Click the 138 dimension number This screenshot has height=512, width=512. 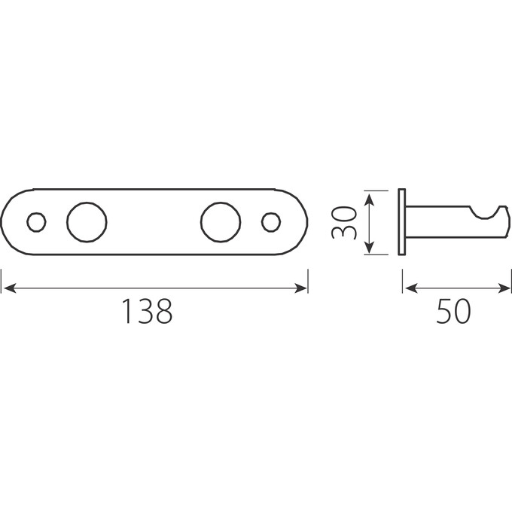click(147, 311)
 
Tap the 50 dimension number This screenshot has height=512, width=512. click(453, 311)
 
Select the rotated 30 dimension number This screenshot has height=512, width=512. click(343, 223)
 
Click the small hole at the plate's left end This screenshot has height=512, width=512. click(36, 222)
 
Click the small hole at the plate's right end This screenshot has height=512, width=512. click(271, 222)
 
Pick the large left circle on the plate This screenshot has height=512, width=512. click(87, 222)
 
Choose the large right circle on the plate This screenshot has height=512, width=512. click(221, 222)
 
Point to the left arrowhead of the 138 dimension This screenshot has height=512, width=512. click(9, 288)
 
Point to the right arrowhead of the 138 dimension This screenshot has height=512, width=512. click(300, 288)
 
